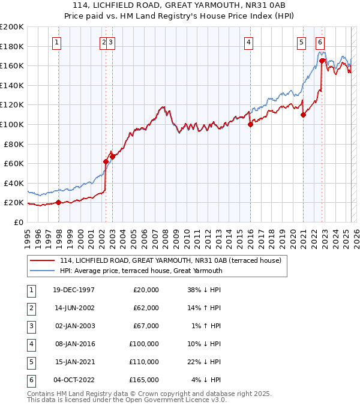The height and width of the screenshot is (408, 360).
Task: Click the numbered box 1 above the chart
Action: [x=56, y=42]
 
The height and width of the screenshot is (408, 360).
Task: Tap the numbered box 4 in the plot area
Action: [x=248, y=42]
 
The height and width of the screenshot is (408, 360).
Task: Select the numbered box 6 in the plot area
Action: [x=320, y=42]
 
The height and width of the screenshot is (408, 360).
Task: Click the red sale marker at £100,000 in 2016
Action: [x=250, y=124]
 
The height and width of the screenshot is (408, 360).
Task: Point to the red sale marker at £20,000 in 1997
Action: [x=59, y=202]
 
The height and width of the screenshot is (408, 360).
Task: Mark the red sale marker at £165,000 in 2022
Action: [x=322, y=61]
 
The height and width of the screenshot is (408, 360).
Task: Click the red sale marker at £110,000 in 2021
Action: [x=303, y=115]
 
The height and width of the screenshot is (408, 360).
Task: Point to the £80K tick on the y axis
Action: [x=13, y=144]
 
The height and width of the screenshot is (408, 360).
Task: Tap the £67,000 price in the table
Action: [x=146, y=326]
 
